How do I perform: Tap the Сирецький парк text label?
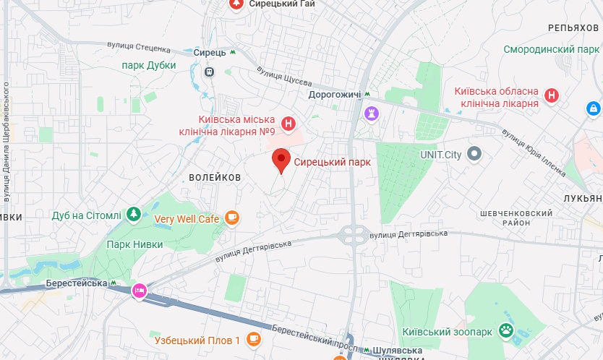coord(332,163)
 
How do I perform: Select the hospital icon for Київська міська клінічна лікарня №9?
coord(289,124)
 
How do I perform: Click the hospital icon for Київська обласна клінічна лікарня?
coord(552,95)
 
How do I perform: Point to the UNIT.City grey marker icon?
coord(474,153)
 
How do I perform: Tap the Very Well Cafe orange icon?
coord(231,217)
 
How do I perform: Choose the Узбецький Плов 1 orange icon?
coord(253,339)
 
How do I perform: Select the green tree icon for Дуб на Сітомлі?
coord(133,214)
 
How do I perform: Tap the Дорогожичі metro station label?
coord(335,94)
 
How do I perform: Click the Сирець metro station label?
coord(210,53)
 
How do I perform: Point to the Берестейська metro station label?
coord(76,283)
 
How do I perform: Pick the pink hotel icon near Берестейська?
coord(139,291)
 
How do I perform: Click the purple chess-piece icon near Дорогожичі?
coord(372,113)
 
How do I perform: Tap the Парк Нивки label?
coord(134,244)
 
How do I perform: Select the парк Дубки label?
coord(149,65)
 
